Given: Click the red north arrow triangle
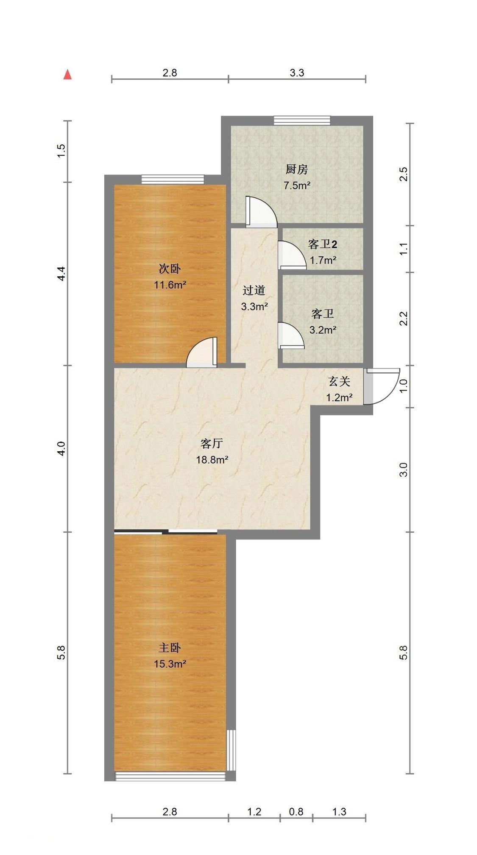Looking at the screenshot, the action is [67, 75].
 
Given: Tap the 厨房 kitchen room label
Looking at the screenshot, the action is [296, 169].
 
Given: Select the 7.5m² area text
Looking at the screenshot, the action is [297, 186].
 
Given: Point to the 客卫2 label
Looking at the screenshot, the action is [323, 244].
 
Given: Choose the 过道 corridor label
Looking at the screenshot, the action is [254, 290].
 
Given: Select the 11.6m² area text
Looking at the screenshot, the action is [170, 285].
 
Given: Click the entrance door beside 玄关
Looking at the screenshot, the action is [382, 386].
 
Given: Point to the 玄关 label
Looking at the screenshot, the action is [339, 382].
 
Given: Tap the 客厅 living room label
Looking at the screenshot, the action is [212, 444].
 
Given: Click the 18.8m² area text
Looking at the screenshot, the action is [212, 460].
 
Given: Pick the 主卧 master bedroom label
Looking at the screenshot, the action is [170, 648].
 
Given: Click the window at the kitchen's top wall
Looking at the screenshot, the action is [302, 121].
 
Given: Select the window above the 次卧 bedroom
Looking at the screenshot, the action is [173, 180].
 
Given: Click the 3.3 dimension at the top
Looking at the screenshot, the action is [297, 73].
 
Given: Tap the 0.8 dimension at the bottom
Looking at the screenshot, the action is [296, 812].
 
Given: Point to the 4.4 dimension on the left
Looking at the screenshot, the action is [61, 273].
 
